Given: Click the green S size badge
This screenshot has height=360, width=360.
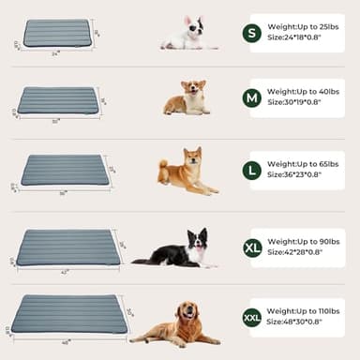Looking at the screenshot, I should pyautogui.click(x=251, y=34).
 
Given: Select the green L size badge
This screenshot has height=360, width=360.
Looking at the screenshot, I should pyautogui.click(x=251, y=171).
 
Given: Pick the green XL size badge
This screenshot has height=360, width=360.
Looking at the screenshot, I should pyautogui.click(x=252, y=247).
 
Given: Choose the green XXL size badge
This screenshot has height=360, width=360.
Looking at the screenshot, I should pyautogui.click(x=252, y=317).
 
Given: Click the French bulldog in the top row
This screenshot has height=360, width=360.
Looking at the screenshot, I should pyautogui.click(x=187, y=33).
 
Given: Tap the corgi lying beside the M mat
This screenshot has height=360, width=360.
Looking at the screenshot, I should pyautogui.click(x=187, y=97).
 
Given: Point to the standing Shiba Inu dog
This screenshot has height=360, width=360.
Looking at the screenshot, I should pyautogui.click(x=187, y=172).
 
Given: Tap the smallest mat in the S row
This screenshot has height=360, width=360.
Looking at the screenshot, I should pyautogui.click(x=56, y=33).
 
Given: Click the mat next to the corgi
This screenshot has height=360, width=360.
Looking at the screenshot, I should pyautogui.click(x=58, y=100).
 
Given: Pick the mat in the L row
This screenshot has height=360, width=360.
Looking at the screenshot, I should pyautogui.click(x=64, y=170).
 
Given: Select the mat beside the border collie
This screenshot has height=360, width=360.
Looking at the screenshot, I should pyautogui.click(x=68, y=247).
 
